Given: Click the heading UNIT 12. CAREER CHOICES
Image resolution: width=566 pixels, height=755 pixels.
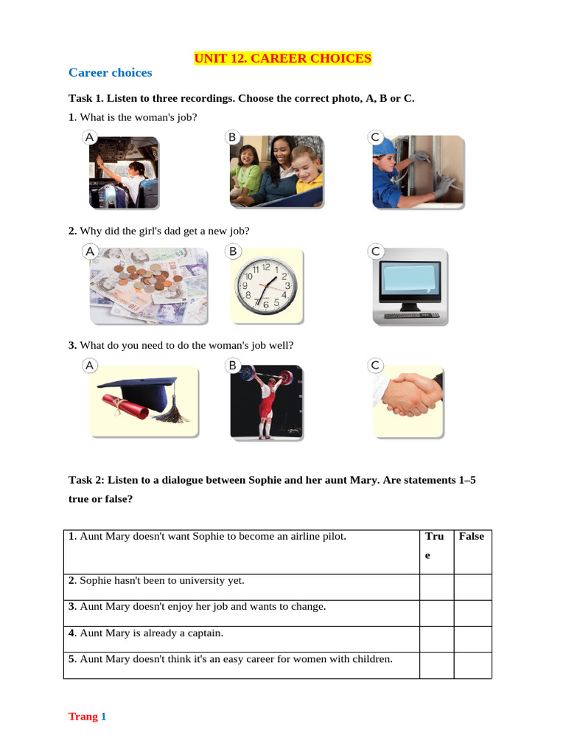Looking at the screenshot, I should click(x=282, y=58).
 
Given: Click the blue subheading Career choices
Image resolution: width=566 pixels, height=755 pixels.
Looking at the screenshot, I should click(x=110, y=72).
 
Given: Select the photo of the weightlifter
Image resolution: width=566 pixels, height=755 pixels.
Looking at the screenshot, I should click(x=265, y=403).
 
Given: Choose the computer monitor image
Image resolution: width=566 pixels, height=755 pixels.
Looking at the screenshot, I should click(x=408, y=287).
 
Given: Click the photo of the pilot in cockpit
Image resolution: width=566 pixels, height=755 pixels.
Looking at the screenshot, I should click(x=123, y=173).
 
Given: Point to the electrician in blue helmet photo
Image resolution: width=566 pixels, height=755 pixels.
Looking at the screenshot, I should click(x=418, y=172).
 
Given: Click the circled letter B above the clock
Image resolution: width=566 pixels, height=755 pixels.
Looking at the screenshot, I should click(x=233, y=251).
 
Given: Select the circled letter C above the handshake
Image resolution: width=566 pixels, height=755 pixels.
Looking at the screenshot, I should click(x=375, y=365).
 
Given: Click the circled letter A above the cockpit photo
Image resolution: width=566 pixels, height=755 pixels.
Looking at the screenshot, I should click(x=89, y=137).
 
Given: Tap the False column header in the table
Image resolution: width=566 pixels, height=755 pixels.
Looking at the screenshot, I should click(x=471, y=536).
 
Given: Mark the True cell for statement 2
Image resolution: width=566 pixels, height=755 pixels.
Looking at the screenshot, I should click(x=436, y=587).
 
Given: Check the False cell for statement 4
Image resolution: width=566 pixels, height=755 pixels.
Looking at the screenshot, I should click(x=472, y=639).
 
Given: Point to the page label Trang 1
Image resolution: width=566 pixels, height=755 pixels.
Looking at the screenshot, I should click(x=88, y=716).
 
